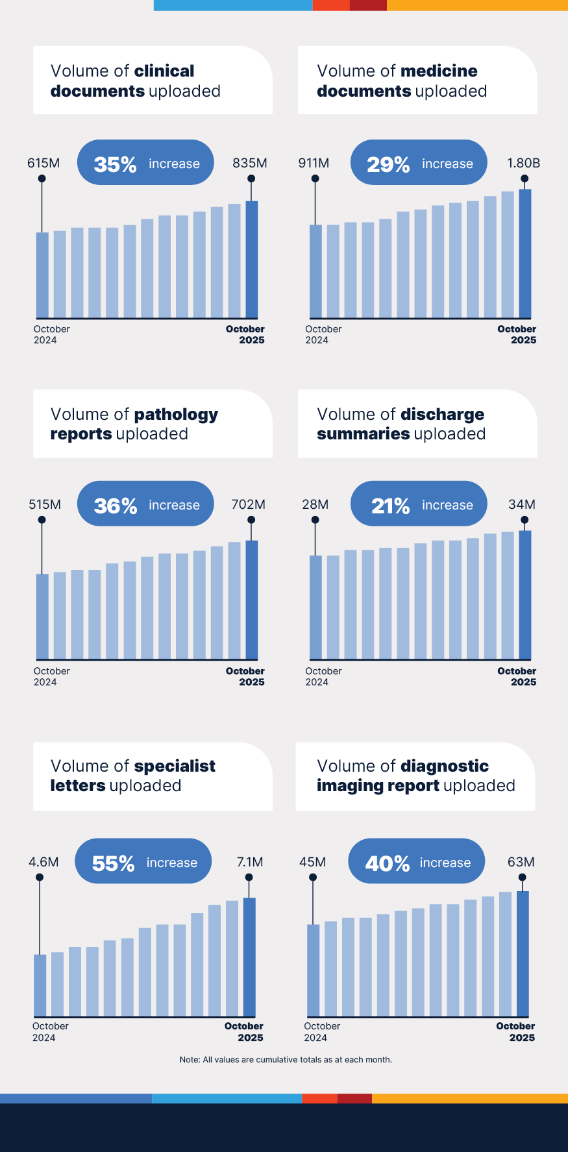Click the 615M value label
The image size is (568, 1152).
point(43,163)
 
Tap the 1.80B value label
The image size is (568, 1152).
point(523,163)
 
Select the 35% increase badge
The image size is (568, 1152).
point(145,163)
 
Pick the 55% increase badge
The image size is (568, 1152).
point(143,862)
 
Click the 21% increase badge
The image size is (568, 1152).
point(419,504)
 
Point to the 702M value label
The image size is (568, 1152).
point(249,504)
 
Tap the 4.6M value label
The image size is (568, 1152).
point(43,862)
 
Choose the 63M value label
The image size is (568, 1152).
point(521,862)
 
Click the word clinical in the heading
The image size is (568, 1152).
point(164,71)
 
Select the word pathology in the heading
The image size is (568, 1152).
point(176,415)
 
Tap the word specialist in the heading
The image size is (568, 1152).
point(175,766)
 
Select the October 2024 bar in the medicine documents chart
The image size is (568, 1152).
point(315,271)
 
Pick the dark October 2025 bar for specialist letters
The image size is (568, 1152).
point(249,957)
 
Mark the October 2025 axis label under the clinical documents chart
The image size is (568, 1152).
point(245,334)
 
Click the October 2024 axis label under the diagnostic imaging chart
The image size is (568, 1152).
point(322,1031)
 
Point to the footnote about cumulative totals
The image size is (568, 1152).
point(286,1059)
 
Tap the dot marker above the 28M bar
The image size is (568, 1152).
point(315,520)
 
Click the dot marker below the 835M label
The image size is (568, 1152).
point(251,178)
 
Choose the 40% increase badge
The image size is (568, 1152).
point(417,862)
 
